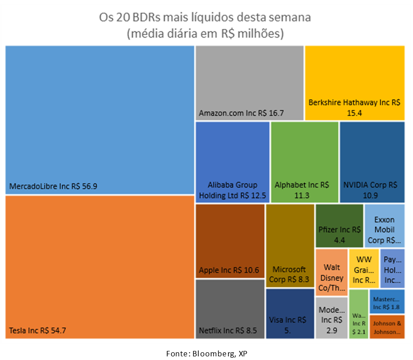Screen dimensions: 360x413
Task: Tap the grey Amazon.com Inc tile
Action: [250, 83]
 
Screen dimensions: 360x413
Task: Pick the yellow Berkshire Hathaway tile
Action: [354, 83]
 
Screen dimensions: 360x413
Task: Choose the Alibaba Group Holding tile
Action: [233, 162]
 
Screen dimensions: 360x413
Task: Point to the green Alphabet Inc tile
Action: [305, 162]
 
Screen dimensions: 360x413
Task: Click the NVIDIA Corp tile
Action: [372, 162]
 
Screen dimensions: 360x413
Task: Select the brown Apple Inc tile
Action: [230, 241]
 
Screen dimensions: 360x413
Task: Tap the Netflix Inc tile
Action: [230, 309]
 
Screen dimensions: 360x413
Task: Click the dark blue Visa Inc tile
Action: [290, 313]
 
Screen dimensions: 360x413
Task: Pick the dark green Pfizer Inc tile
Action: [339, 225]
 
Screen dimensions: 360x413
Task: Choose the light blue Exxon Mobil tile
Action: [384, 225]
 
